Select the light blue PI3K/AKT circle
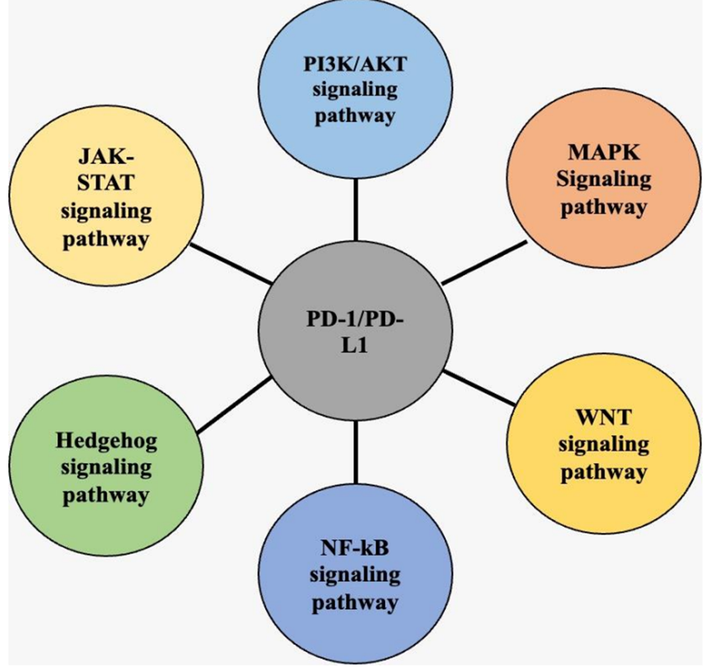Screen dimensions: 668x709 click(354, 90)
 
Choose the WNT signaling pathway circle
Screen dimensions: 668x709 click(603, 443)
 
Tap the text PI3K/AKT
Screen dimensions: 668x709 click(354, 63)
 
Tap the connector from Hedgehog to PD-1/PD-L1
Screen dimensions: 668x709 click(234, 404)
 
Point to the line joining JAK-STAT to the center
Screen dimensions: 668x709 click(231, 262)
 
